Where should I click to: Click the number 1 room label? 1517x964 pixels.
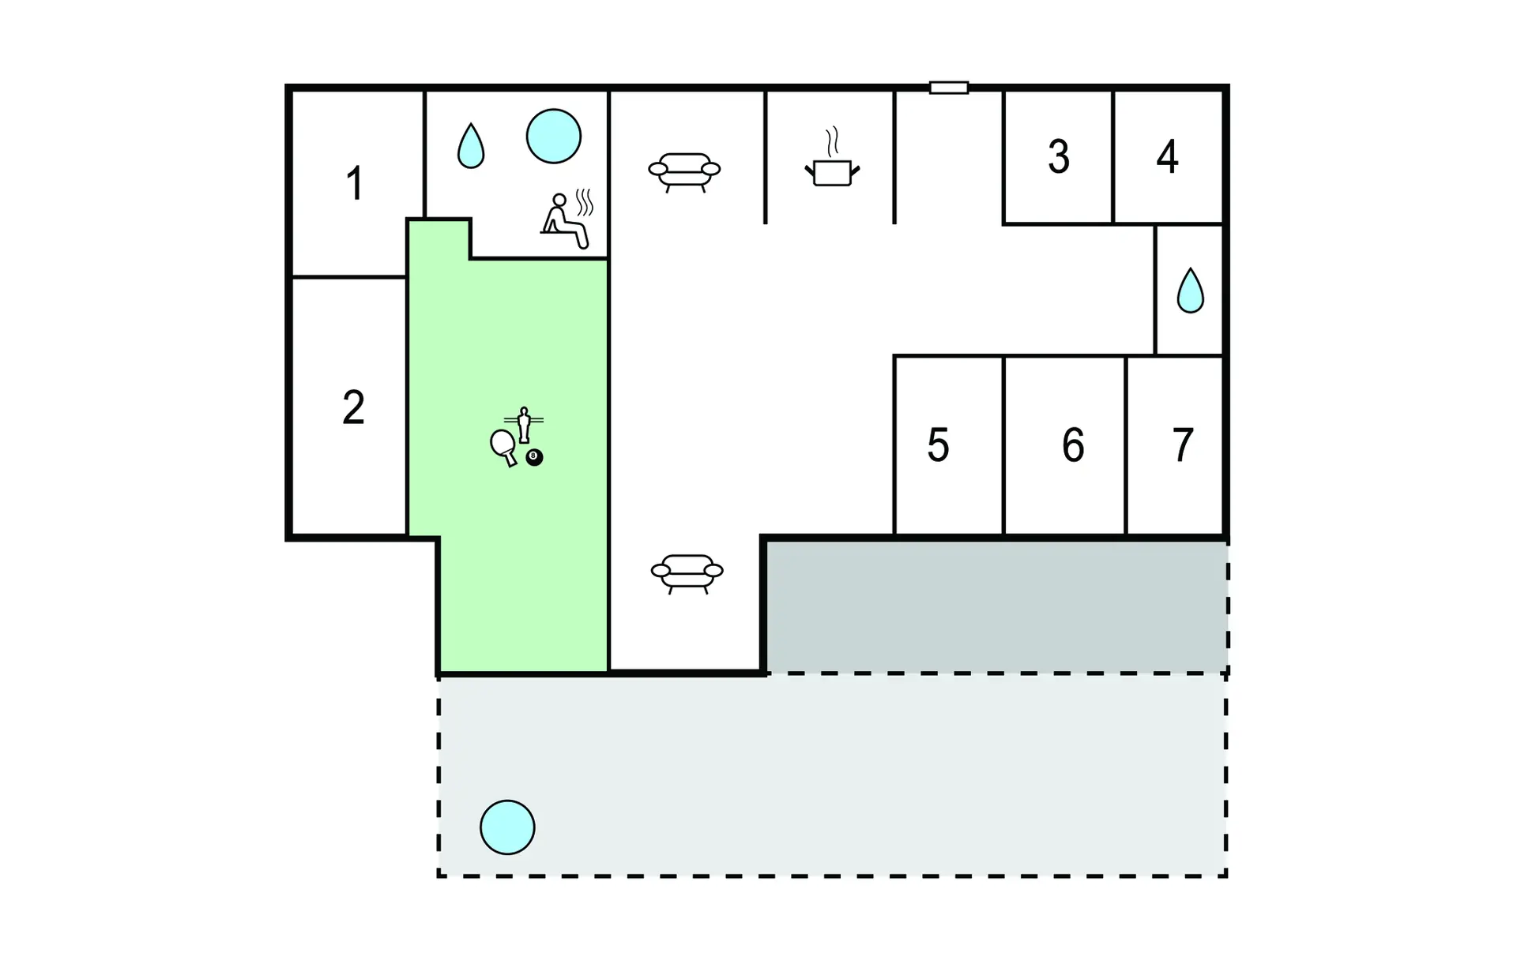coord(355,183)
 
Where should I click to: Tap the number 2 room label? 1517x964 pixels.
coord(353,407)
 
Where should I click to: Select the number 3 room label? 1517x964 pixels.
coord(1059,156)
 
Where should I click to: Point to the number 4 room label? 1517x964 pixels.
coord(1167,156)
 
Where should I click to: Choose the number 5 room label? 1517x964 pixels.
coord(938,445)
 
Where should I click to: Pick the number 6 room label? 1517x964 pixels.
coord(1073,445)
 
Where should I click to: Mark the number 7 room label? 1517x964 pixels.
coord(1182,445)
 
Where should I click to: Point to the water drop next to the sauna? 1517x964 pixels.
coord(471,145)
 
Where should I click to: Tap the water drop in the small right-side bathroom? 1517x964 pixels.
coord(1190,291)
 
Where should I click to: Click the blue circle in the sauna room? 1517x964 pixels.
coord(554,136)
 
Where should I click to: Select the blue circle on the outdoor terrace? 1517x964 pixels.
coord(507,827)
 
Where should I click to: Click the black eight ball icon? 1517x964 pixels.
coord(534,457)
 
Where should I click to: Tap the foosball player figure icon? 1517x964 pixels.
coord(523,425)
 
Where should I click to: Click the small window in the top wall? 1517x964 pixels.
coord(949,88)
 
